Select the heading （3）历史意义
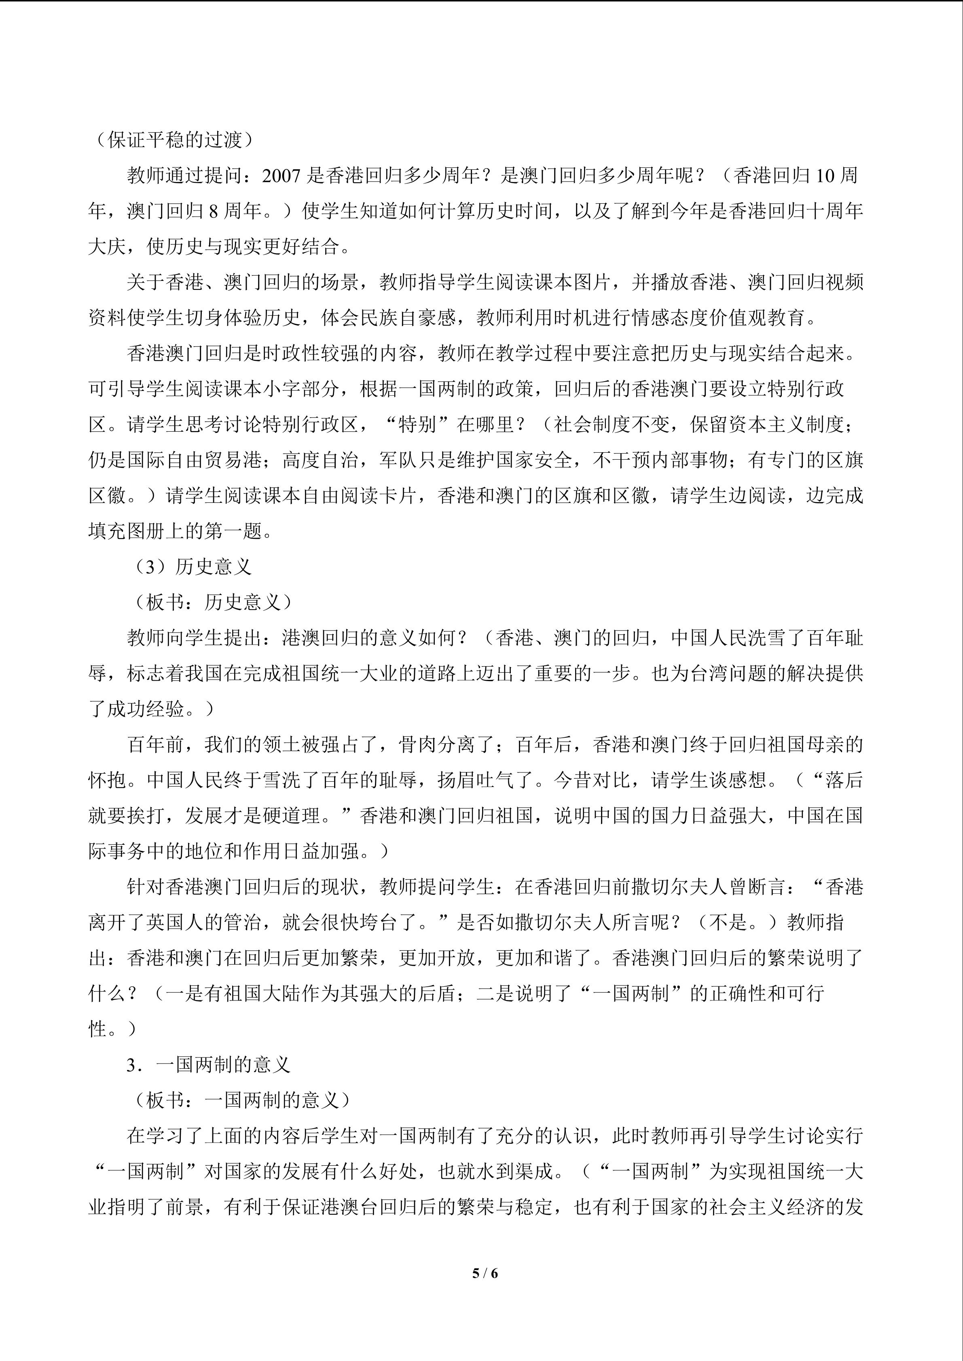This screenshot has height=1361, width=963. (x=192, y=567)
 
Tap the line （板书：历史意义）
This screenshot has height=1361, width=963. (x=211, y=602)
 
